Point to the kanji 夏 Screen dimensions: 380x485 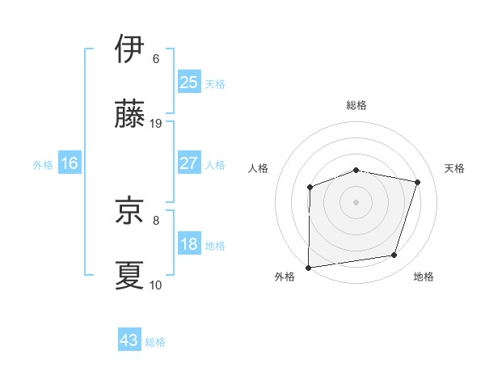click(130, 274)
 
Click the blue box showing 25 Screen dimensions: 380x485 click(189, 82)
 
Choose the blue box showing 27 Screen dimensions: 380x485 click(189, 163)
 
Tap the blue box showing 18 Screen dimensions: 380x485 click(189, 245)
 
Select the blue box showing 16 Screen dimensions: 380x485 click(70, 163)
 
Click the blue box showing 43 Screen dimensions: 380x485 click(129, 340)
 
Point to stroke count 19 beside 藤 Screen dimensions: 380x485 click(157, 124)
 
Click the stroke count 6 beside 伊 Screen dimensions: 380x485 click(156, 58)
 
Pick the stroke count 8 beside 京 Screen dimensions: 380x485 click(156, 219)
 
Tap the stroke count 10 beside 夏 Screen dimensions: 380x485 click(156, 285)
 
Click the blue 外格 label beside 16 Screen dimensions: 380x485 click(43, 164)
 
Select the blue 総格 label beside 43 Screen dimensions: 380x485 click(155, 342)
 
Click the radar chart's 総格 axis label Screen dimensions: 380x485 click(356, 106)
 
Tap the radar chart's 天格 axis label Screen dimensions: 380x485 click(455, 168)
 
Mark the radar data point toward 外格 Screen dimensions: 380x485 click(308, 267)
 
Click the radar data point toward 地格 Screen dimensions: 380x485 click(394, 255)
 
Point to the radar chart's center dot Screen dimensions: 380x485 click(356, 201)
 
